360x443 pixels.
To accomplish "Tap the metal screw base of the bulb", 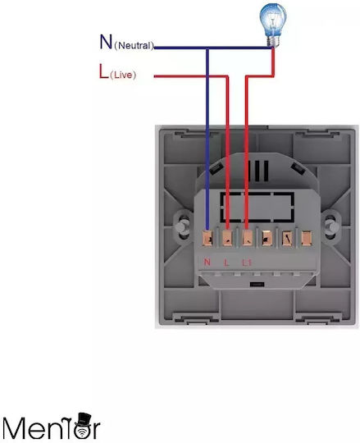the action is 274,41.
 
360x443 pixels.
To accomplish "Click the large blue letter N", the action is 106,42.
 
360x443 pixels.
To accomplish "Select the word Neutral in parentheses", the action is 134,45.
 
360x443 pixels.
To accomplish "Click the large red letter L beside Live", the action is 103,71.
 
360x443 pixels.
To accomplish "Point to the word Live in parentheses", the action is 123,75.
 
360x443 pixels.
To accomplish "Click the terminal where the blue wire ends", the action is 207,238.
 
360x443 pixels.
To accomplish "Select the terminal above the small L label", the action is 227,238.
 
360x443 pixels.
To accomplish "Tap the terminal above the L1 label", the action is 248,238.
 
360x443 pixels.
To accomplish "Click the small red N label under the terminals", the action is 207,262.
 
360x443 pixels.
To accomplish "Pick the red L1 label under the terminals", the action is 247,263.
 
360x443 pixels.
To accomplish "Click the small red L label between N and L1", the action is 226,263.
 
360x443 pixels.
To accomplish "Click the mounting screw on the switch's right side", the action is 329,226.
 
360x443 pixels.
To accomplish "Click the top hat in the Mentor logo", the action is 84,419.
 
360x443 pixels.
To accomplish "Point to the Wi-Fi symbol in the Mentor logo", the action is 82,432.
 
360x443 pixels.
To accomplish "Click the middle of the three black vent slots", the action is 257,171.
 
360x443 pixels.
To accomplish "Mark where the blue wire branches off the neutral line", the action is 207,48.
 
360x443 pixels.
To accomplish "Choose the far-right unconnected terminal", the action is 307,238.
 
